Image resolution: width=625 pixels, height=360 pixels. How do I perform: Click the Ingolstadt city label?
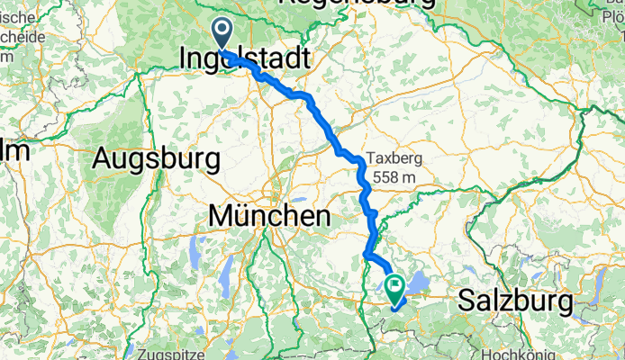tap(245, 60)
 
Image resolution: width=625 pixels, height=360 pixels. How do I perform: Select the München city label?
tap(268, 216)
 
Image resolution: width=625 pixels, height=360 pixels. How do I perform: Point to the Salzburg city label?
tap(516, 301)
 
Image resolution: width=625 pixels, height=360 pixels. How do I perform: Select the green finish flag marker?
tap(394, 288)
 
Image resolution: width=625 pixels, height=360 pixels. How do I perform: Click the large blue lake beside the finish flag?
tap(415, 285)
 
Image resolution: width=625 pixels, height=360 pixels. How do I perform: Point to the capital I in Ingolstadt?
tap(185, 59)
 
